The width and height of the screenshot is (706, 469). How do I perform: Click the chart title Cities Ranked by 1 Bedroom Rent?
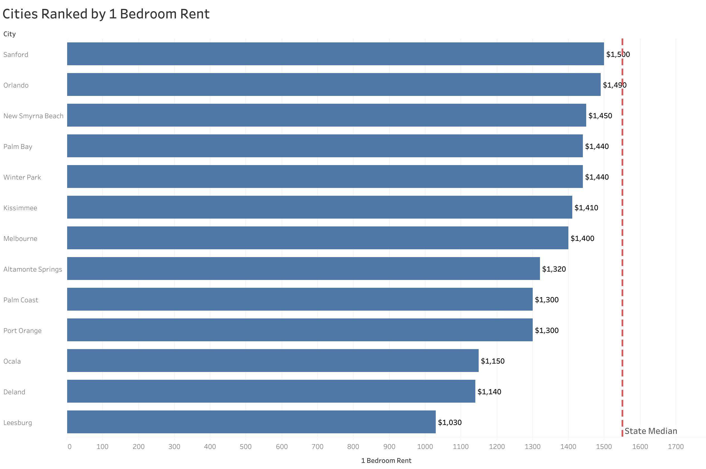[x=106, y=14]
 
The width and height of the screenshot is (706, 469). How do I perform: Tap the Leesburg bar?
[x=251, y=422]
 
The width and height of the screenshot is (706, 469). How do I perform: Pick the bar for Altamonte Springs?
[x=303, y=268]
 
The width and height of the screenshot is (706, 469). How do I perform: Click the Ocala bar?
[x=272, y=361]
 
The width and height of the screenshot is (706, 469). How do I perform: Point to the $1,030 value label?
[x=449, y=422]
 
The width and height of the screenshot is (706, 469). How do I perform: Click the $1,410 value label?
[x=586, y=207]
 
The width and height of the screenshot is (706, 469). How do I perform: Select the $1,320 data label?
[x=554, y=269]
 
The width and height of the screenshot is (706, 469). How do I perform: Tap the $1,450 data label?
[x=600, y=116]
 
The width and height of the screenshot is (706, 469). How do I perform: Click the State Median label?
[x=651, y=431]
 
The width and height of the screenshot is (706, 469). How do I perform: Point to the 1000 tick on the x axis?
[x=425, y=447]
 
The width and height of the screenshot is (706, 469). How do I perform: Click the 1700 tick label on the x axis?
[x=676, y=447]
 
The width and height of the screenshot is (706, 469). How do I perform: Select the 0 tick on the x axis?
[x=69, y=447]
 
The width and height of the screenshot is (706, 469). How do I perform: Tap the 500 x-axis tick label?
[x=245, y=447]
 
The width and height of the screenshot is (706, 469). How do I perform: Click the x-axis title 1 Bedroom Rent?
[x=386, y=461]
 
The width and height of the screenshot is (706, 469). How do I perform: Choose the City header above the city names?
[x=9, y=34]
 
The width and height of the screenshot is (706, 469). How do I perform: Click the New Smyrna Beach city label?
[x=33, y=116]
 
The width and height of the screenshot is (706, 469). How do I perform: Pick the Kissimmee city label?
[x=20, y=208]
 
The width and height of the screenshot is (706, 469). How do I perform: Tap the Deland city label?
[x=14, y=392]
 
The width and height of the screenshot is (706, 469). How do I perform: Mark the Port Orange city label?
[x=22, y=330]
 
